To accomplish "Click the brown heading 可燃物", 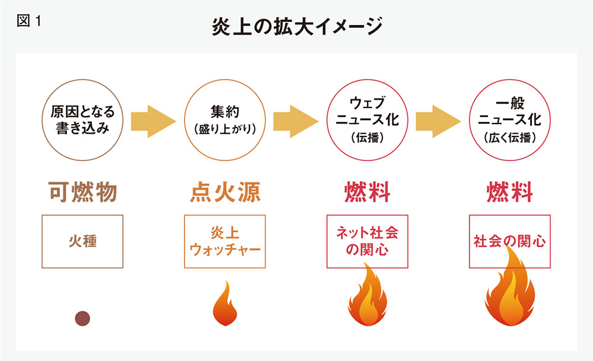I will coord(82,193).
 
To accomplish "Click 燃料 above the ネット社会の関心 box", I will coord(367,193).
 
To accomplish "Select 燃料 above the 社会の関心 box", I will coord(509,193).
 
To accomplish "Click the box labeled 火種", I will coord(82,242).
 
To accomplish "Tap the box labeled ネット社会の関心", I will coord(367,242).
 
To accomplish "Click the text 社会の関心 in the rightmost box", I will coord(509,242).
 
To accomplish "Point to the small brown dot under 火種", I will coord(82,319).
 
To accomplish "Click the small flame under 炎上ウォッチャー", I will coord(225,304).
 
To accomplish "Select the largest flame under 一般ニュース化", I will coord(509,291).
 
